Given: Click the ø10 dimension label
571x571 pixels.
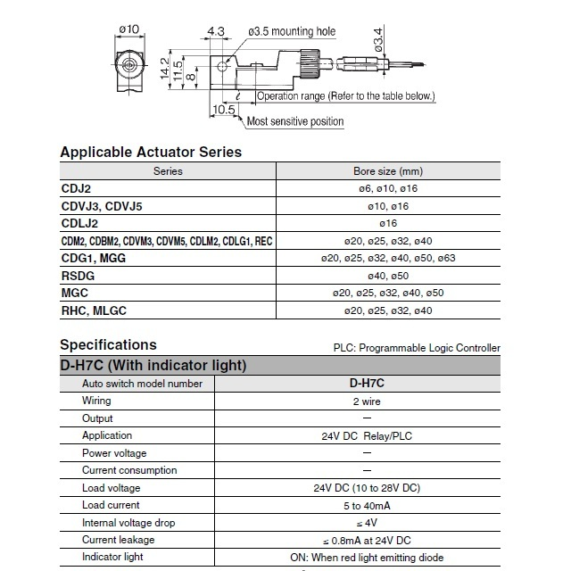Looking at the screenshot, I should coord(128,30).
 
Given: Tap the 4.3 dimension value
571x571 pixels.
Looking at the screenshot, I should coord(215,32).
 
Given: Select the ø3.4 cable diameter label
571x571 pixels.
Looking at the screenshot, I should coord(378,40).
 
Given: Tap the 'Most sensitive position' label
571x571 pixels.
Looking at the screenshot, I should coord(294,121).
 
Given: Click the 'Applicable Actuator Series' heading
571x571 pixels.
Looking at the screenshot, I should coord(151,152).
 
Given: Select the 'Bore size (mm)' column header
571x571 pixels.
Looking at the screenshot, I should coord(387,170).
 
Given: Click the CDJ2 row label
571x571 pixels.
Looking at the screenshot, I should coord(75,188).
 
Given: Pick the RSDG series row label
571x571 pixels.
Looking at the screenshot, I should coord(78,275).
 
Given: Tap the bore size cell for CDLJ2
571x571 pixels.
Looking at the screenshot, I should coord(387,223).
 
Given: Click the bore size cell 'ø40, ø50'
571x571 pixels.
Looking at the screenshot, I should coord(387,276).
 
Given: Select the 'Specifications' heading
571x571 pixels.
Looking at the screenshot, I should coord(108,344).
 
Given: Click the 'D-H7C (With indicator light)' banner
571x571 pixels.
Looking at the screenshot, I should coord(153,365).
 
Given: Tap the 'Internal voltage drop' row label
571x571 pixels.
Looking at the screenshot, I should coord(129,523).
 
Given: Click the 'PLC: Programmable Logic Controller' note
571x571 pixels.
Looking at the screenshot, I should coord(417,348).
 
